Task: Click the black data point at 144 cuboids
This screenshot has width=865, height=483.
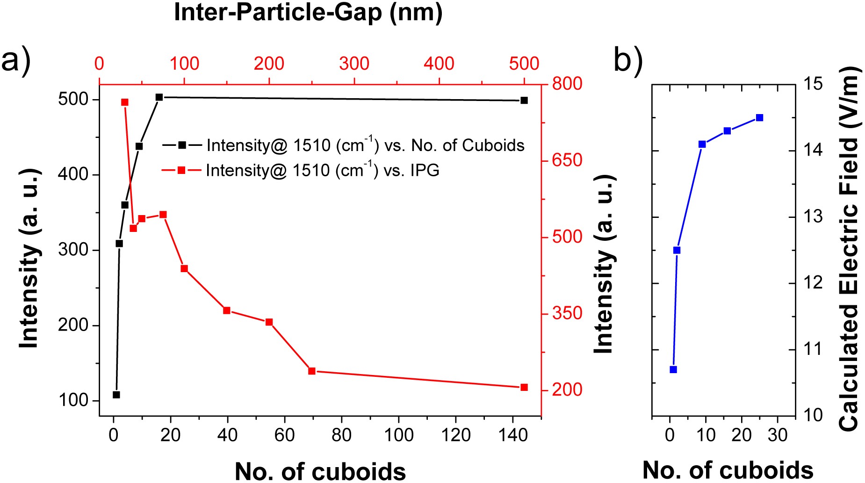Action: tap(524, 101)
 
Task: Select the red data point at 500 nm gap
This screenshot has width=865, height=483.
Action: tap(524, 387)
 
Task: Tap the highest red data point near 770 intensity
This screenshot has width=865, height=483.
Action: tap(125, 102)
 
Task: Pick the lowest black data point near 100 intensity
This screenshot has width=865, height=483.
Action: tap(116, 395)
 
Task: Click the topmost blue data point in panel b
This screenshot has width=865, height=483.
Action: tap(760, 118)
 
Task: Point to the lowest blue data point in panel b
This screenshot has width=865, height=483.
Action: tap(673, 369)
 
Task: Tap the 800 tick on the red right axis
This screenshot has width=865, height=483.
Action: tap(567, 84)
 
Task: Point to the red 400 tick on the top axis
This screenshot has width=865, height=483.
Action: tap(439, 64)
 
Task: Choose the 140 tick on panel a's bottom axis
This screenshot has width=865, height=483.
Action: tap(513, 435)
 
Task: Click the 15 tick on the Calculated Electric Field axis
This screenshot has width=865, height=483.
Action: tap(813, 84)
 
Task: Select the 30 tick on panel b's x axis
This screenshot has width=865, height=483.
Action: tap(778, 435)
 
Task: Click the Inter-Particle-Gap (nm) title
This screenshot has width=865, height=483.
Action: tap(308, 13)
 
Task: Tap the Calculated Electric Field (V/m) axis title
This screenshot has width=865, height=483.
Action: tap(849, 248)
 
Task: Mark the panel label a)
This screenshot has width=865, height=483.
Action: tap(16, 60)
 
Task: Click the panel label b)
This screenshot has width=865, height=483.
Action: tap(628, 60)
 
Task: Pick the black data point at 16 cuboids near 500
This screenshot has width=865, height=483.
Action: tap(159, 97)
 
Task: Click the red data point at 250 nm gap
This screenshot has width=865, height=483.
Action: tap(312, 371)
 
